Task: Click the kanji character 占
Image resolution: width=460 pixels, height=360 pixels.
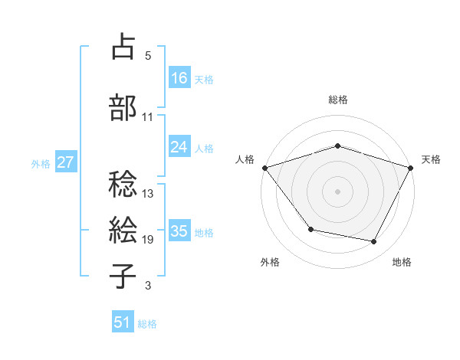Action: tap(123, 47)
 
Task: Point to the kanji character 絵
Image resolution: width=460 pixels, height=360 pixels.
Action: tap(123, 229)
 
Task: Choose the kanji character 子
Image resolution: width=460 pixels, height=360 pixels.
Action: tap(123, 276)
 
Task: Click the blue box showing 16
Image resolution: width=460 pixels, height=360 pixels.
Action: tap(179, 77)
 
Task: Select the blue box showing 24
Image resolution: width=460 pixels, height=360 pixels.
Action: tap(179, 147)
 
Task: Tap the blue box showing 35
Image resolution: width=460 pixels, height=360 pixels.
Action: tap(179, 231)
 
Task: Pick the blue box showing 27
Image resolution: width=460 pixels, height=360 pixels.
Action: tap(66, 162)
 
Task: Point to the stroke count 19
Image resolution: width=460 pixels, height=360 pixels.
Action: tap(148, 240)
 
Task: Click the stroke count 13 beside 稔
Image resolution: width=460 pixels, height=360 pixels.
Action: tap(148, 194)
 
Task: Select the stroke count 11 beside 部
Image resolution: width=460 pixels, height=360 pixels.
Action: tap(148, 116)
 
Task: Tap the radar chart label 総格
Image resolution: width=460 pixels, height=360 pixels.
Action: tap(338, 100)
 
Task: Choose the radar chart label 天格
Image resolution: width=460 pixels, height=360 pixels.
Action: tap(431, 159)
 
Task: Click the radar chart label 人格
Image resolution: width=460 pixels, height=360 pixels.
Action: tap(245, 159)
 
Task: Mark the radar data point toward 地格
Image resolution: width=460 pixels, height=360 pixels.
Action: tap(374, 242)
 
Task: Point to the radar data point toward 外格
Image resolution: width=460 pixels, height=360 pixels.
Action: tap(310, 229)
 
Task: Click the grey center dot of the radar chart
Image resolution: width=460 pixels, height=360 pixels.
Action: tap(338, 191)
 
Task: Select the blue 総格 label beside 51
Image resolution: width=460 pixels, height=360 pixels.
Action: tap(147, 324)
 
